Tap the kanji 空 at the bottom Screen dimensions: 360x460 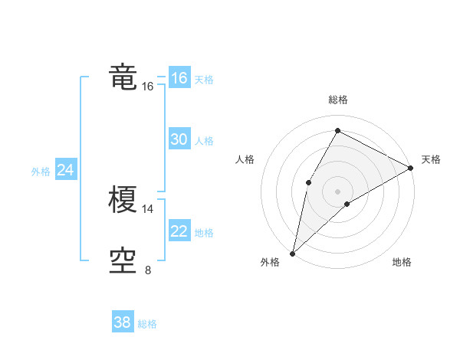pos(123,261)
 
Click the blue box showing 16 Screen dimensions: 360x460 pos(179,78)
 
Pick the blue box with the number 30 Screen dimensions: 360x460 pos(179,139)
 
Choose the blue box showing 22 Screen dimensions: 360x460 pos(179,231)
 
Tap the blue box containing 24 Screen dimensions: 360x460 pos(66,170)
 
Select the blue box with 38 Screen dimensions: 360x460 pos(123,322)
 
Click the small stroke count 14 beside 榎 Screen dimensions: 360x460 pos(148,208)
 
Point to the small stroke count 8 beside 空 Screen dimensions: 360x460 pos(148,270)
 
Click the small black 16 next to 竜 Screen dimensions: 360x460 pos(148,87)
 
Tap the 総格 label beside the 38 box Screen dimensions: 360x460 pos(147,324)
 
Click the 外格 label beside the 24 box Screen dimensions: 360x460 pos(41,172)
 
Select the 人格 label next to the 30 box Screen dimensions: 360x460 pos(204,141)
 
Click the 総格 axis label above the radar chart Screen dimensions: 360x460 pos(337,100)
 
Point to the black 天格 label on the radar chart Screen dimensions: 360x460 pos(431,159)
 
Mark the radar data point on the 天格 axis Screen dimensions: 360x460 pos(411,168)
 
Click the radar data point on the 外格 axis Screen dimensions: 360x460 pos(292,254)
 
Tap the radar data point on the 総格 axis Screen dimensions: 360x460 pos(337,130)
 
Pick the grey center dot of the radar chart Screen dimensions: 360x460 pos(337,191)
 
